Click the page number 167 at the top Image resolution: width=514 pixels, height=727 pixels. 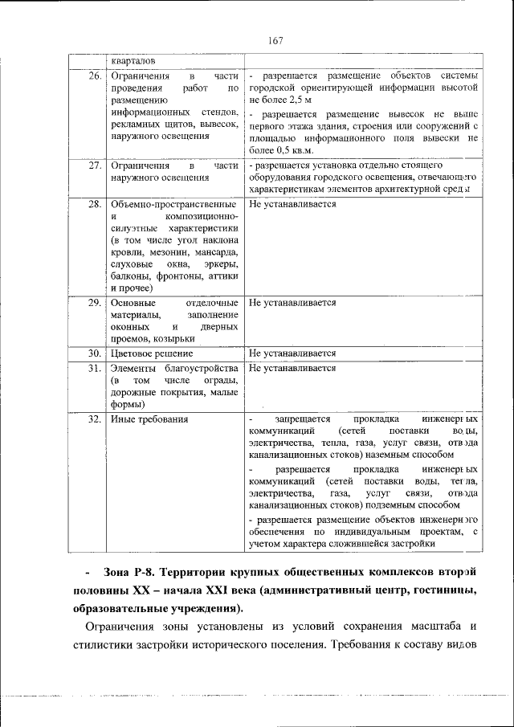pyautogui.click(x=275, y=40)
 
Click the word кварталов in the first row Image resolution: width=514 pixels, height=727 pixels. pyautogui.click(x=134, y=61)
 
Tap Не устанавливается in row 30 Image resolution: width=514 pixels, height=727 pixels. pyautogui.click(x=292, y=353)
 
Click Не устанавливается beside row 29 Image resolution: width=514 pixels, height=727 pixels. pyautogui.click(x=292, y=304)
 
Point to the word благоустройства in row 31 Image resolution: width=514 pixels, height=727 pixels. pyautogui.click(x=202, y=368)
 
